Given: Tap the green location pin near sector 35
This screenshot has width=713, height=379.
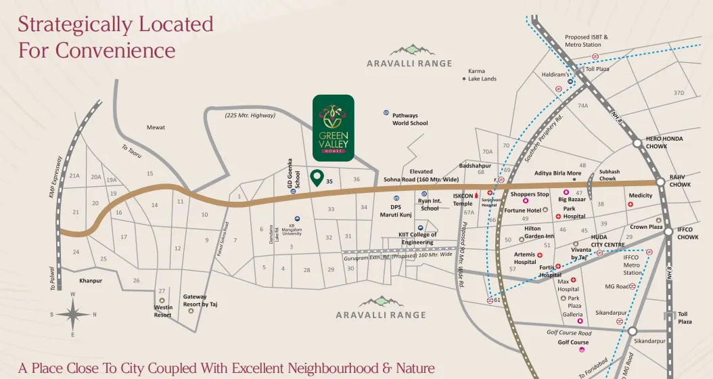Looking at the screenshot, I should [316, 178].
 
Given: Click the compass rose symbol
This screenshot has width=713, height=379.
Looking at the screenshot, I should [73, 314].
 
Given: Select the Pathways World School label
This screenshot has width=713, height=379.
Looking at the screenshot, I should [410, 120].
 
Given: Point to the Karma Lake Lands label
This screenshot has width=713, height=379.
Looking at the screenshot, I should [482, 74].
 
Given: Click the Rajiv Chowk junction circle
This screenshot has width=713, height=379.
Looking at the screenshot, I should [660, 182].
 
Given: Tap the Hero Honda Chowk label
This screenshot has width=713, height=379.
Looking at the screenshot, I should [664, 142].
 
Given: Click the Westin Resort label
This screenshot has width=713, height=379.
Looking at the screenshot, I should [162, 311].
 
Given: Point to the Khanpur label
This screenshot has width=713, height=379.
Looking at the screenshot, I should [90, 280].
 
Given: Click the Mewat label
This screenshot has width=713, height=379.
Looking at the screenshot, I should [156, 127].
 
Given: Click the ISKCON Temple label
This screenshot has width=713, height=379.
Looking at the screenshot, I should [463, 199].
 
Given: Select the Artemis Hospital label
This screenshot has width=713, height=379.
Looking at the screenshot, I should [524, 258].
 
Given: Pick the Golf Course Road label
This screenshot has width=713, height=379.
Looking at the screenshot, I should [568, 333].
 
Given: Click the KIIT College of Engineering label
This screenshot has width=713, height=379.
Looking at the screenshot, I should [417, 238].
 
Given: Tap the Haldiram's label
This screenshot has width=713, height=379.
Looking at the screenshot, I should [553, 74].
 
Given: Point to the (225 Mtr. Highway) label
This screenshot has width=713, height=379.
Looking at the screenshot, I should [250, 116].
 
